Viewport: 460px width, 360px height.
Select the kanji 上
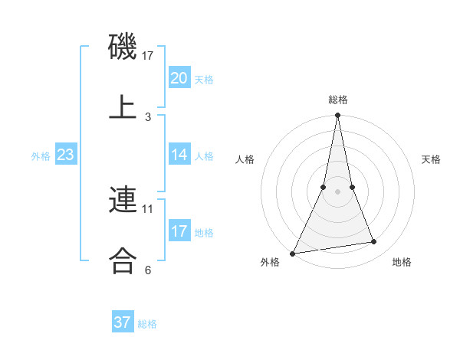[x=123, y=107]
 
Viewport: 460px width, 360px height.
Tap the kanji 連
[x=123, y=201]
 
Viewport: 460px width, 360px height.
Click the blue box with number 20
[x=179, y=78]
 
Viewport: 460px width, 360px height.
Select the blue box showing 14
[x=179, y=155]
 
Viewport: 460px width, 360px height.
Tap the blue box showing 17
[x=179, y=231]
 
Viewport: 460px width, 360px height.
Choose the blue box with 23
[x=65, y=155]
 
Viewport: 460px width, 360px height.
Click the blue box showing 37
[x=122, y=322]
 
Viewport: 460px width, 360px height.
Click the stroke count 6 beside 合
[x=148, y=270]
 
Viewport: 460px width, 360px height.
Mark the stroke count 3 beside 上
[x=148, y=116]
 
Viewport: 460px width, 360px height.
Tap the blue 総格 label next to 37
[x=147, y=324]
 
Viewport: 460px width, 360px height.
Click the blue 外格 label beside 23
[x=41, y=156]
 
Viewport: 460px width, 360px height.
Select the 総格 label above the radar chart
[x=338, y=100]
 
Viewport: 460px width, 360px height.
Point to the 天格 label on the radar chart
[x=432, y=159]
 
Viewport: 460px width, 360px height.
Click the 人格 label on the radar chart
[x=245, y=159]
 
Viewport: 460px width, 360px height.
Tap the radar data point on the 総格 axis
[x=337, y=116]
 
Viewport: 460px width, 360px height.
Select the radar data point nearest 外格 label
[x=293, y=253]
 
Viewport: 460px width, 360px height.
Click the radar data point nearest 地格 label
[x=374, y=242]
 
